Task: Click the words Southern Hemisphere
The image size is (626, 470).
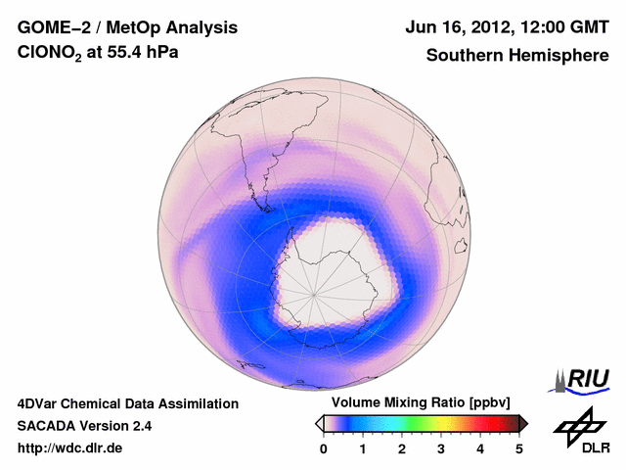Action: click(x=517, y=56)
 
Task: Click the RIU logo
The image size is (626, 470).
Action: click(x=584, y=378)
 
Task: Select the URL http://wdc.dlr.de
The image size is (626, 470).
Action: click(x=70, y=448)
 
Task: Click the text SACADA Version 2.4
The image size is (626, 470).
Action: click(x=84, y=426)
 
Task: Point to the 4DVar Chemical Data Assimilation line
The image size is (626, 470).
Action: click(x=127, y=403)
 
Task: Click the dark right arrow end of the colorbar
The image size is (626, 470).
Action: click(x=523, y=423)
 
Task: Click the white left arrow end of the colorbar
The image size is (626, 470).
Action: click(x=320, y=423)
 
